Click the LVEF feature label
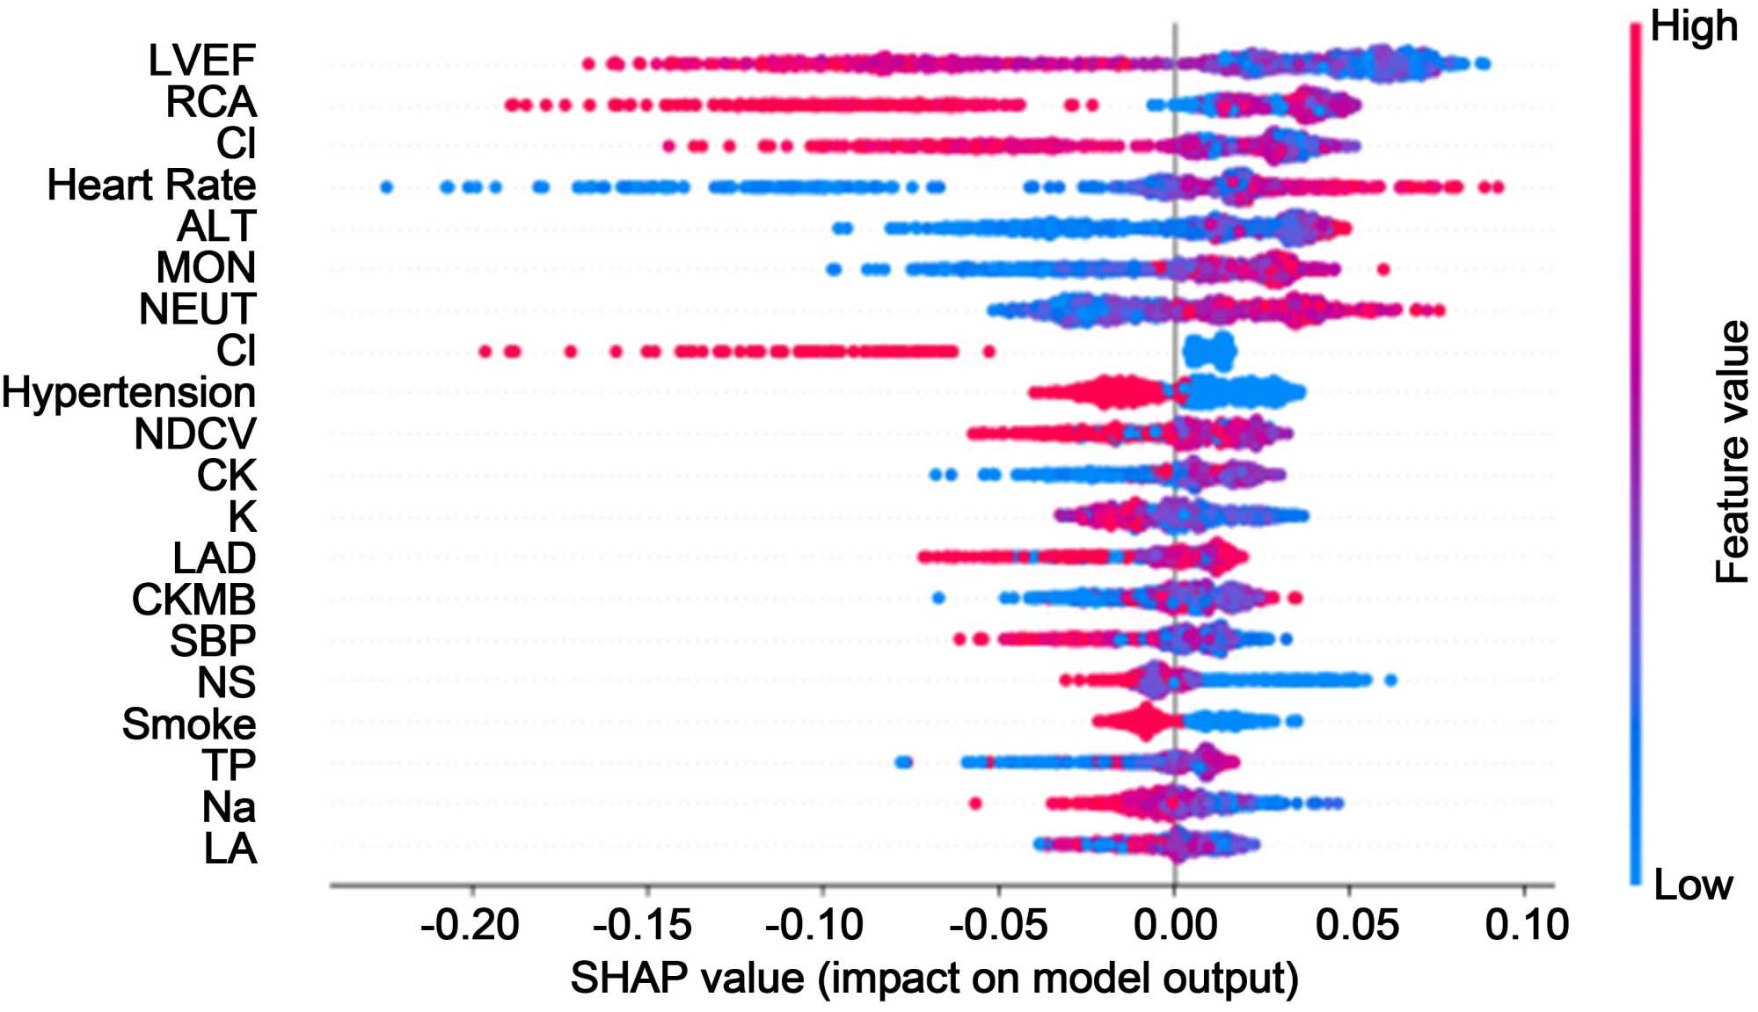pyautogui.click(x=201, y=61)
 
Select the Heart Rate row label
pyautogui.click(x=151, y=186)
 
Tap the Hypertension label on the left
pyautogui.click(x=128, y=392)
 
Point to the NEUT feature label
pyautogui.click(x=197, y=309)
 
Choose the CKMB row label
pyautogui.click(x=193, y=600)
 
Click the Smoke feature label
pyautogui.click(x=188, y=724)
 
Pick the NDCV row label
pyautogui.click(x=194, y=434)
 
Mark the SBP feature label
pyautogui.click(x=213, y=641)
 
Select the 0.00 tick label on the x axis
pyautogui.click(x=1175, y=926)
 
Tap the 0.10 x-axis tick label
pyautogui.click(x=1527, y=926)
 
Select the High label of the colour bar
pyautogui.click(x=1693, y=26)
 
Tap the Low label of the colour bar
pyautogui.click(x=1693, y=885)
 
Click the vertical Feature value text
pyautogui.click(x=1732, y=452)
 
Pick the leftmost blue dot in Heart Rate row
pyautogui.click(x=386, y=187)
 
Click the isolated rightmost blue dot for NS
pyautogui.click(x=1390, y=680)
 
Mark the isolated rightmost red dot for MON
pyautogui.click(x=1383, y=269)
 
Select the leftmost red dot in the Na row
pyautogui.click(x=974, y=803)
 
